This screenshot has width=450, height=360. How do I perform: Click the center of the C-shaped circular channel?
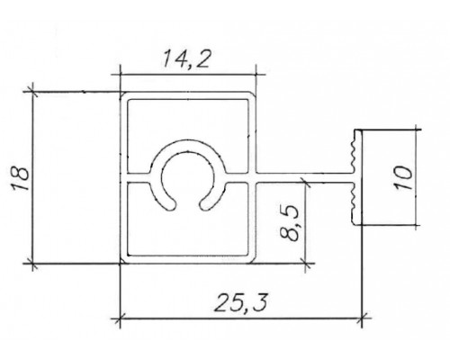coord(187,176)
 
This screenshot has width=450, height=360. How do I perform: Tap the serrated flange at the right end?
coord(353,176)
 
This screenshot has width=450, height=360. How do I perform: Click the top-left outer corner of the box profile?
coord(122,91)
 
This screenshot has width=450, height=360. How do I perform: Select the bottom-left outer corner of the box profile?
coord(122,264)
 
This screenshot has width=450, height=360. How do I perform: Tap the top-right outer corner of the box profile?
coord(255,91)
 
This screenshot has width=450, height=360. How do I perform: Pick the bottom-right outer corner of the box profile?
coord(255,264)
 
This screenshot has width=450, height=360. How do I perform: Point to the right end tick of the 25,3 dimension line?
coord(362,318)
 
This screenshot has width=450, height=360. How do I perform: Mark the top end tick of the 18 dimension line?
coord(33,89)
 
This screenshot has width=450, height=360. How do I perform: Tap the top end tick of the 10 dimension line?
coord(417,129)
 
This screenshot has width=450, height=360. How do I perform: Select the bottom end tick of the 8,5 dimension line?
coord(307,264)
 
